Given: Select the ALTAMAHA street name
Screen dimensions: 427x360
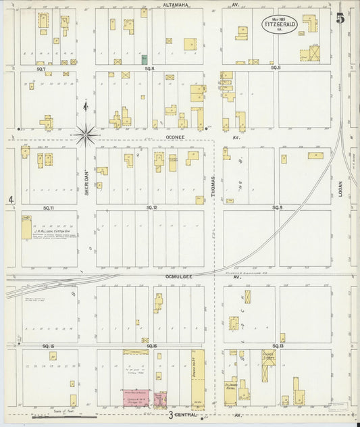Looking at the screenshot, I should tap(176, 4).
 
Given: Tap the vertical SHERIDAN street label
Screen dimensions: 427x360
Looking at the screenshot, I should tap(87, 182).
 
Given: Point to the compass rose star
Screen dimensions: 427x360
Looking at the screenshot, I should tap(86, 134).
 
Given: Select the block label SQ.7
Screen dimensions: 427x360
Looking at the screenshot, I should tap(41, 68).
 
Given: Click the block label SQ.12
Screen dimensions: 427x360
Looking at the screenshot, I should tap(152, 207).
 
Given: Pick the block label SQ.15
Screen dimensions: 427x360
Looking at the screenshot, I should tap(48, 346).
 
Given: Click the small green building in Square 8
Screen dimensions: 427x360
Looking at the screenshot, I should tap(144, 59).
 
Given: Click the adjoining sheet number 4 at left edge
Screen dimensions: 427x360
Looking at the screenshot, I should tap(11, 199).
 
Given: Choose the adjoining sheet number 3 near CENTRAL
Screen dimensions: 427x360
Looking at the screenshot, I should tap(172, 414).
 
